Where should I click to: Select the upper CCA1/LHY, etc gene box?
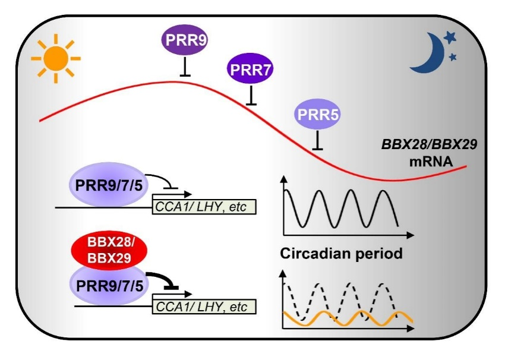pyautogui.click(x=204, y=207)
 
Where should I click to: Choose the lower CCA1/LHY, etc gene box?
pyautogui.click(x=204, y=307)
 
